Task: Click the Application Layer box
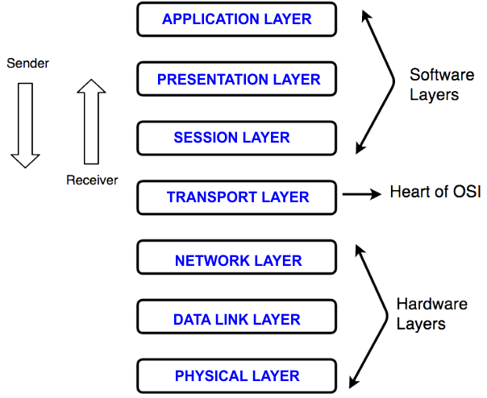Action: [x=236, y=19]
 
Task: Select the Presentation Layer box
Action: [x=236, y=79]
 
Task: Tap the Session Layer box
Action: [x=236, y=138]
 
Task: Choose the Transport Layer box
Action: [x=236, y=197]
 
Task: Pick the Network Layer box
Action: [x=236, y=260]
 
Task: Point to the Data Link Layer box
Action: [x=236, y=319]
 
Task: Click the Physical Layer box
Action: [x=236, y=375]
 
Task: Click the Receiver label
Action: [x=91, y=180]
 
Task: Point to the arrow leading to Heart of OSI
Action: [x=360, y=194]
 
